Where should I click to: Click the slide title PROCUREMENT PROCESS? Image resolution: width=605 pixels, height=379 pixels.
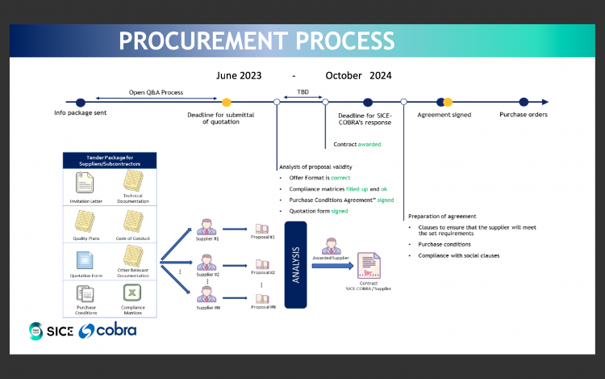pyautogui.click(x=257, y=40)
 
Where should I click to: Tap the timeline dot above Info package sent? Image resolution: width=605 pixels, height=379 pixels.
pyautogui.click(x=80, y=102)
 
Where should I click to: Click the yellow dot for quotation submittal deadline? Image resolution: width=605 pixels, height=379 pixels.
pyautogui.click(x=227, y=102)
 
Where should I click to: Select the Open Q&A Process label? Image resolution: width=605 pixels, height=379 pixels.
pyautogui.click(x=156, y=92)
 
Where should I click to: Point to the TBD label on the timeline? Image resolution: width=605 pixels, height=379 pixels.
pyautogui.click(x=302, y=92)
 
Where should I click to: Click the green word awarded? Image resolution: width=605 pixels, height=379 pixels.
pyautogui.click(x=369, y=145)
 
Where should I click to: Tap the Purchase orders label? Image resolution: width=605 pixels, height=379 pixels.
pyautogui.click(x=524, y=115)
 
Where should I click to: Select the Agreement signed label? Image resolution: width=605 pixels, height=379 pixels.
pyautogui.click(x=444, y=115)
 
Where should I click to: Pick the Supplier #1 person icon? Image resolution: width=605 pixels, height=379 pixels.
pyautogui.click(x=207, y=226)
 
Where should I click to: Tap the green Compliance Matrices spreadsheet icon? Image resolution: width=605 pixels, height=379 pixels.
pyautogui.click(x=131, y=293)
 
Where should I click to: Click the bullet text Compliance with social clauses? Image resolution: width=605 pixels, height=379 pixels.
pyautogui.click(x=459, y=255)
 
